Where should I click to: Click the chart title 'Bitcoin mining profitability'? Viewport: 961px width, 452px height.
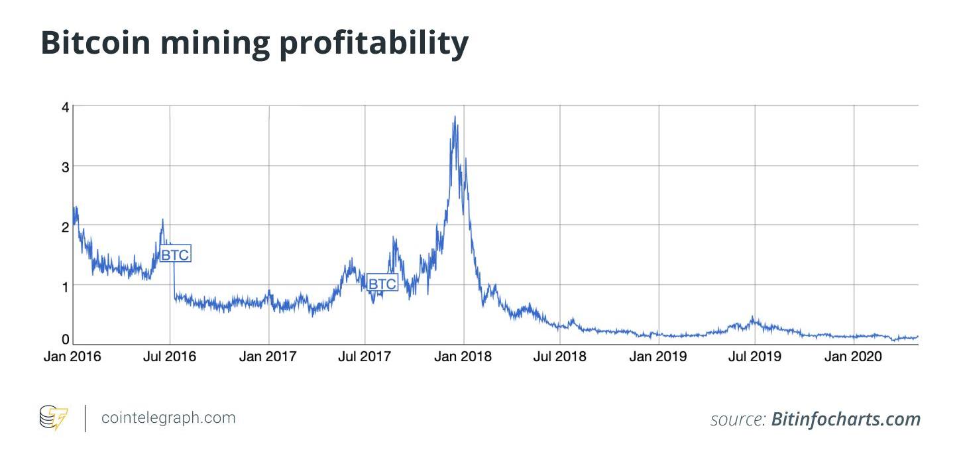[x=254, y=42]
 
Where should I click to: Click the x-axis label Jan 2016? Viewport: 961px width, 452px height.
[x=72, y=357]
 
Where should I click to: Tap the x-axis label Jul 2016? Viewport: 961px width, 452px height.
[x=170, y=357]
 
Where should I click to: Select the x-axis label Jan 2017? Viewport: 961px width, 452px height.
[x=268, y=357]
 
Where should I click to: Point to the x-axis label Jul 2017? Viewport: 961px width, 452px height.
[x=365, y=357]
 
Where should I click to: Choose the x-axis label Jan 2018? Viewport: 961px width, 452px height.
[x=463, y=357]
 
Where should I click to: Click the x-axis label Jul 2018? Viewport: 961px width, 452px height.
[x=560, y=357]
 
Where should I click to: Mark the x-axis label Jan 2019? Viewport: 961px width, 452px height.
[x=658, y=357]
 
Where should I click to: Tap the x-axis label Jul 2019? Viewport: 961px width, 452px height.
[x=755, y=357]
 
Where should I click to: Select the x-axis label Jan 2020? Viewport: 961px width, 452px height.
[x=853, y=357]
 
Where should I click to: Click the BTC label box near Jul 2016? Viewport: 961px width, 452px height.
[x=176, y=254]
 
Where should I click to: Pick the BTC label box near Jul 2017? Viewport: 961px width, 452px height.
[x=382, y=284]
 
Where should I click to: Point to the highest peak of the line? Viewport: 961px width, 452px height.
[x=455, y=117]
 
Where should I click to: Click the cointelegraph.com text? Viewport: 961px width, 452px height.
[x=168, y=418]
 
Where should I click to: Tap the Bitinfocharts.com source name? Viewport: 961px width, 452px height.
[x=846, y=420]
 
